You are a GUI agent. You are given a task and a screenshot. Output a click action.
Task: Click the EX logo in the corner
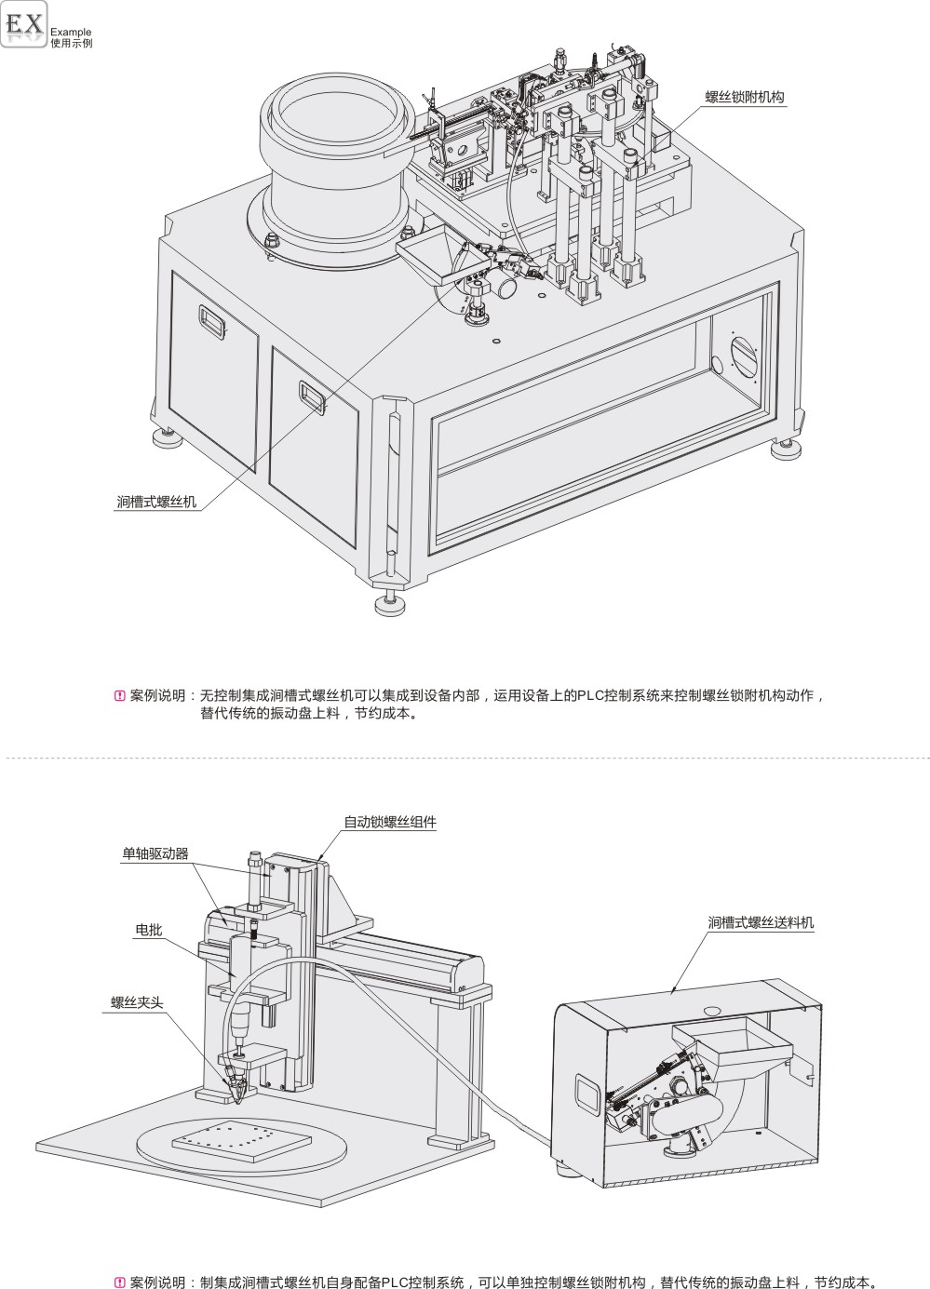click(25, 25)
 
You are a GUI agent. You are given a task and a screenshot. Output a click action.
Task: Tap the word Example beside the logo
click(71, 32)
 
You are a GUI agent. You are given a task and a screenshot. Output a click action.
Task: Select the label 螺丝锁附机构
click(744, 97)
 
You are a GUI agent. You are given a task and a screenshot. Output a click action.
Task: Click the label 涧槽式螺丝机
click(156, 503)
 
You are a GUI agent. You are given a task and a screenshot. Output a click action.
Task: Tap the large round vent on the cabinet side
click(744, 356)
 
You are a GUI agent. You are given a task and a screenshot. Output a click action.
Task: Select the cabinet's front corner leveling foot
click(391, 606)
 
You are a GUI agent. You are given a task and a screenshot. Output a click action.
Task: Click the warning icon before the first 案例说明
click(118, 695)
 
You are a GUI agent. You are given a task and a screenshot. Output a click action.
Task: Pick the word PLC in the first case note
click(588, 695)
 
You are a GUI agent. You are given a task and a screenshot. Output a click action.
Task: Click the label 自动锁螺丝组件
click(390, 822)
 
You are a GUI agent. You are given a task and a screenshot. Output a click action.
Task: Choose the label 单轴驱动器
click(155, 853)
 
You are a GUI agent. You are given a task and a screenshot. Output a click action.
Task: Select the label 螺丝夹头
click(137, 1002)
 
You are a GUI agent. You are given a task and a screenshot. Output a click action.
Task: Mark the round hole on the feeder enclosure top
click(712, 1009)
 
